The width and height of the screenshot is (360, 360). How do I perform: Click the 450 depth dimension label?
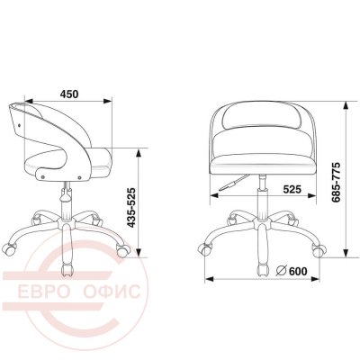click(x=69, y=94)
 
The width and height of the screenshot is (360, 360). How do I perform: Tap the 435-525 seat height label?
click(x=132, y=208)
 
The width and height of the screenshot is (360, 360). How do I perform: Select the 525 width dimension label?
click(x=292, y=189)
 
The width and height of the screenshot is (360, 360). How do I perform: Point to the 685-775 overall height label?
click(x=337, y=182)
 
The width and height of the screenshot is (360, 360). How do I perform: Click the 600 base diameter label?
click(x=298, y=271)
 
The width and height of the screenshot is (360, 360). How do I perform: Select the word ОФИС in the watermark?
click(x=112, y=291)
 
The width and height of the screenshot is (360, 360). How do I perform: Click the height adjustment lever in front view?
click(x=234, y=183)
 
